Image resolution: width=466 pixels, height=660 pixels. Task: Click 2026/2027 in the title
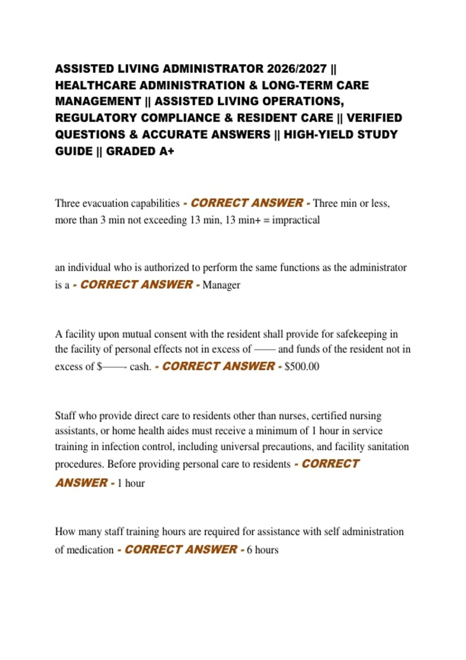(x=297, y=69)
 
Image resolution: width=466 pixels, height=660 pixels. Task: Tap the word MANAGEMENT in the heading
(x=98, y=101)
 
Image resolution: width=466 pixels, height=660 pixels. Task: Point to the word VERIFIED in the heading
(x=374, y=118)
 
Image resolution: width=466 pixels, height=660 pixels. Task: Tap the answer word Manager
(x=221, y=285)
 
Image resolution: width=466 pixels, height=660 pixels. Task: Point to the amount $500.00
(x=302, y=366)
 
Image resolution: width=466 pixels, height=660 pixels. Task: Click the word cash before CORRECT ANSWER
(x=140, y=366)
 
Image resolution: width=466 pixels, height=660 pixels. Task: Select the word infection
(x=119, y=447)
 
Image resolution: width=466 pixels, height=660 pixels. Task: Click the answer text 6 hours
(x=263, y=550)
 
